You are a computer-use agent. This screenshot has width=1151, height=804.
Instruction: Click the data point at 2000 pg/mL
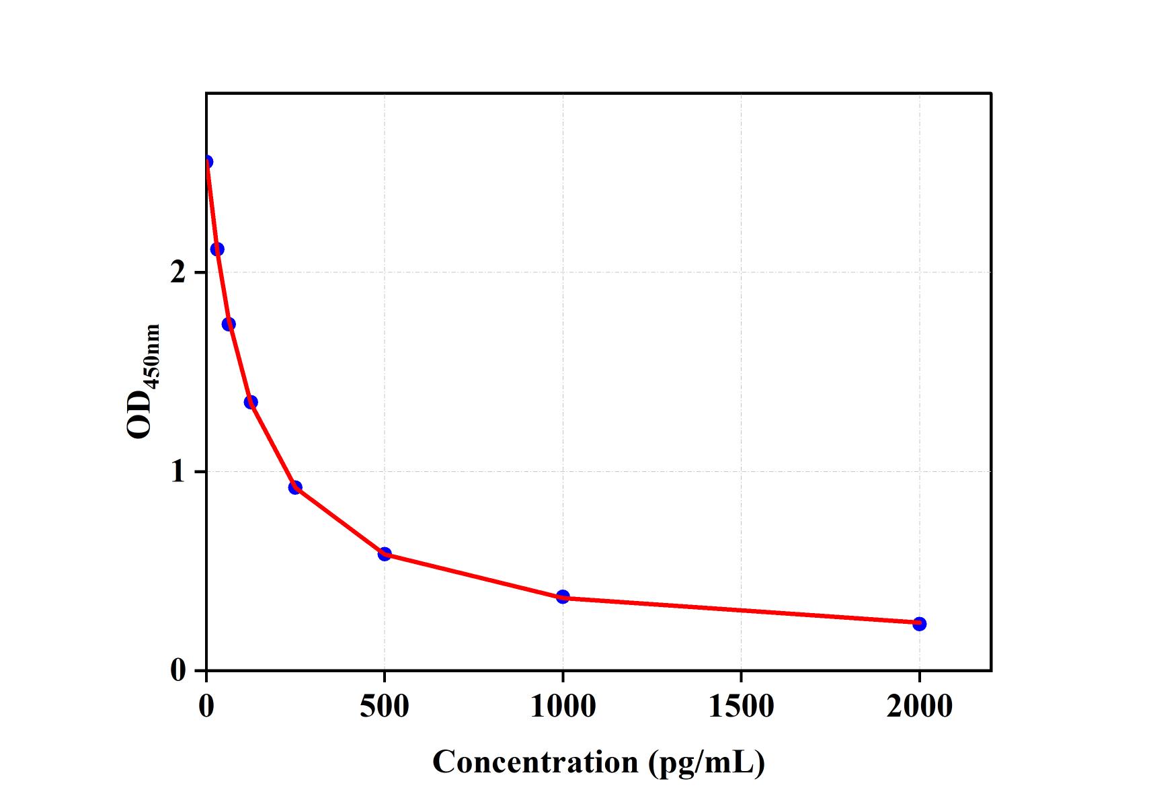(x=919, y=624)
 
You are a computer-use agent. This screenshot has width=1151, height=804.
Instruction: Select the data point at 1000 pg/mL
(x=563, y=596)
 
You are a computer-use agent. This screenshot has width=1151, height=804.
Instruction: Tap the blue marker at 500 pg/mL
(x=385, y=554)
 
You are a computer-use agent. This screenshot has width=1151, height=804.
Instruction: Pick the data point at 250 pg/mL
(x=295, y=487)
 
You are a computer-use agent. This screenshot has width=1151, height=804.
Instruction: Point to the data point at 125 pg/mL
(x=251, y=402)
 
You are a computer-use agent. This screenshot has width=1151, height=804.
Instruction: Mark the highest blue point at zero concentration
(x=207, y=161)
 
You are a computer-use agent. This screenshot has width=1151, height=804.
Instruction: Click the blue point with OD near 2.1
(x=217, y=249)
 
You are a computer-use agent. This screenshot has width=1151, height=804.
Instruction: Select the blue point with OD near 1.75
(x=229, y=324)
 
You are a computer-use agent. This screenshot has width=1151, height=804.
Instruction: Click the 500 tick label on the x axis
(x=384, y=706)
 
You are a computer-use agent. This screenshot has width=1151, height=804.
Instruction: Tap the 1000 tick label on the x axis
(x=563, y=706)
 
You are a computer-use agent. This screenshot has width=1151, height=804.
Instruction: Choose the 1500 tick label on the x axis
(x=741, y=706)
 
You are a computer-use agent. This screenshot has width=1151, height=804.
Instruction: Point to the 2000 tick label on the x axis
(x=919, y=706)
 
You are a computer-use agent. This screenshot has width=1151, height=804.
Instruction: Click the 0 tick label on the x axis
(x=206, y=706)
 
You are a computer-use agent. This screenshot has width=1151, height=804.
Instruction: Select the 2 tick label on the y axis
(x=178, y=273)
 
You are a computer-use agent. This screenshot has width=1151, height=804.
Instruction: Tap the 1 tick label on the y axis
(x=178, y=472)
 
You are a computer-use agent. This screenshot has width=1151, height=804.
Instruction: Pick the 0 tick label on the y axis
(x=178, y=670)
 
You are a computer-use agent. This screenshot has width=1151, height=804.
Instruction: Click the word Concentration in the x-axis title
(x=535, y=762)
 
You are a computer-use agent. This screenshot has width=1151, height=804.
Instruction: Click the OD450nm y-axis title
(x=142, y=381)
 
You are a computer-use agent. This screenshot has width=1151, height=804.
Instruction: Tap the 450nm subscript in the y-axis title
(x=153, y=356)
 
